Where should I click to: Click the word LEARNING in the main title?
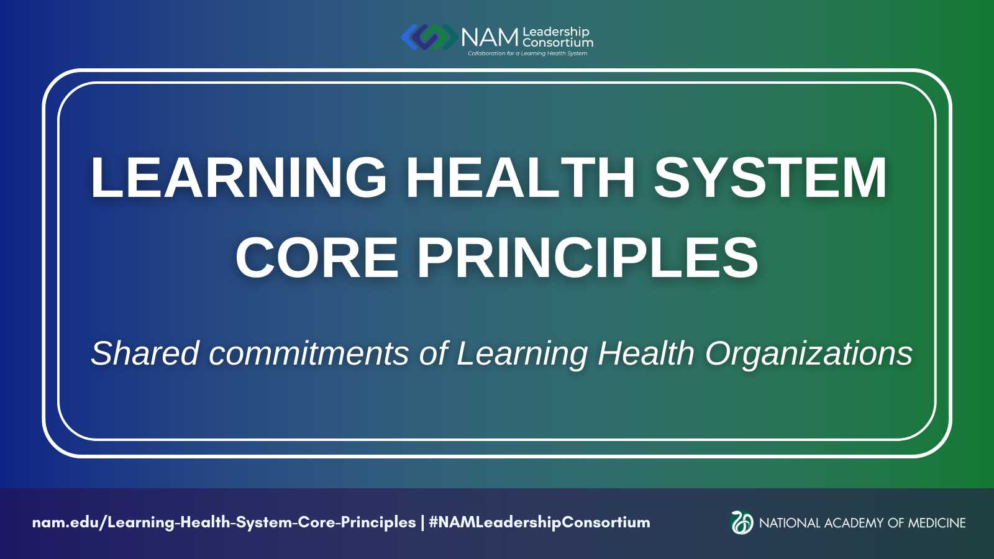[239, 178]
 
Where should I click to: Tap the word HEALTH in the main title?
[521, 178]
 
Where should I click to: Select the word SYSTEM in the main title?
[770, 178]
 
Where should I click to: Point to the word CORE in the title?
[317, 258]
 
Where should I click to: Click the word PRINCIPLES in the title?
[588, 258]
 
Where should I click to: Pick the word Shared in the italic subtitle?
[145, 353]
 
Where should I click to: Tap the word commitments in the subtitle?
[309, 353]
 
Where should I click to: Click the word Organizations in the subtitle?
[809, 353]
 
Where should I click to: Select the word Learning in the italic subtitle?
[522, 353]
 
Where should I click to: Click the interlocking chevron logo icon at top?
[429, 37]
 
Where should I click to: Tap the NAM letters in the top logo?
[490, 38]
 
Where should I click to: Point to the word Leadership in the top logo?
[556, 32]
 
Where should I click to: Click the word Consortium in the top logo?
[558, 43]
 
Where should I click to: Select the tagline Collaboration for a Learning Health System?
[527, 53]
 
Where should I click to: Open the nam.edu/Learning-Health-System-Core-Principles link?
[224, 522]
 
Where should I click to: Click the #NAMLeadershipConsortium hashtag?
[539, 522]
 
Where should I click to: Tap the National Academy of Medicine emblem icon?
[742, 522]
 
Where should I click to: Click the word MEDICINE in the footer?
[937, 523]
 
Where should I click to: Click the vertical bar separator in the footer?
[422, 522]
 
